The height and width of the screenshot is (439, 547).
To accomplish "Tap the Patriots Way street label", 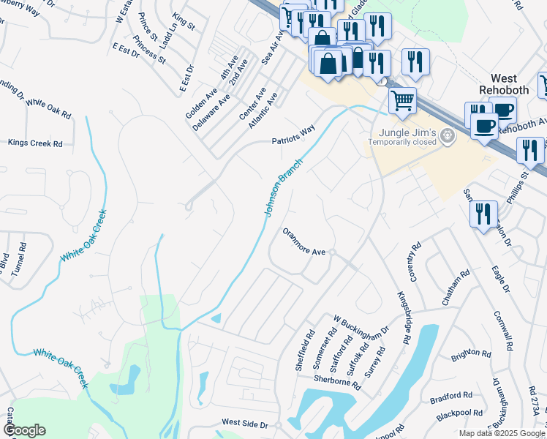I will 293,135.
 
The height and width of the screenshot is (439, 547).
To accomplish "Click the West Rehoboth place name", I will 514,83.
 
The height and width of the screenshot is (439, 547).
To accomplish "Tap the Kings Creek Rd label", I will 35,143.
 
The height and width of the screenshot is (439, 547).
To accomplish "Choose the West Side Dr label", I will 246,423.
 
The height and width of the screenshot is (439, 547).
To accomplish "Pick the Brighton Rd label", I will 471,354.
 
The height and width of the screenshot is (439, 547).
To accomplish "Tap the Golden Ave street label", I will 202,104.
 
